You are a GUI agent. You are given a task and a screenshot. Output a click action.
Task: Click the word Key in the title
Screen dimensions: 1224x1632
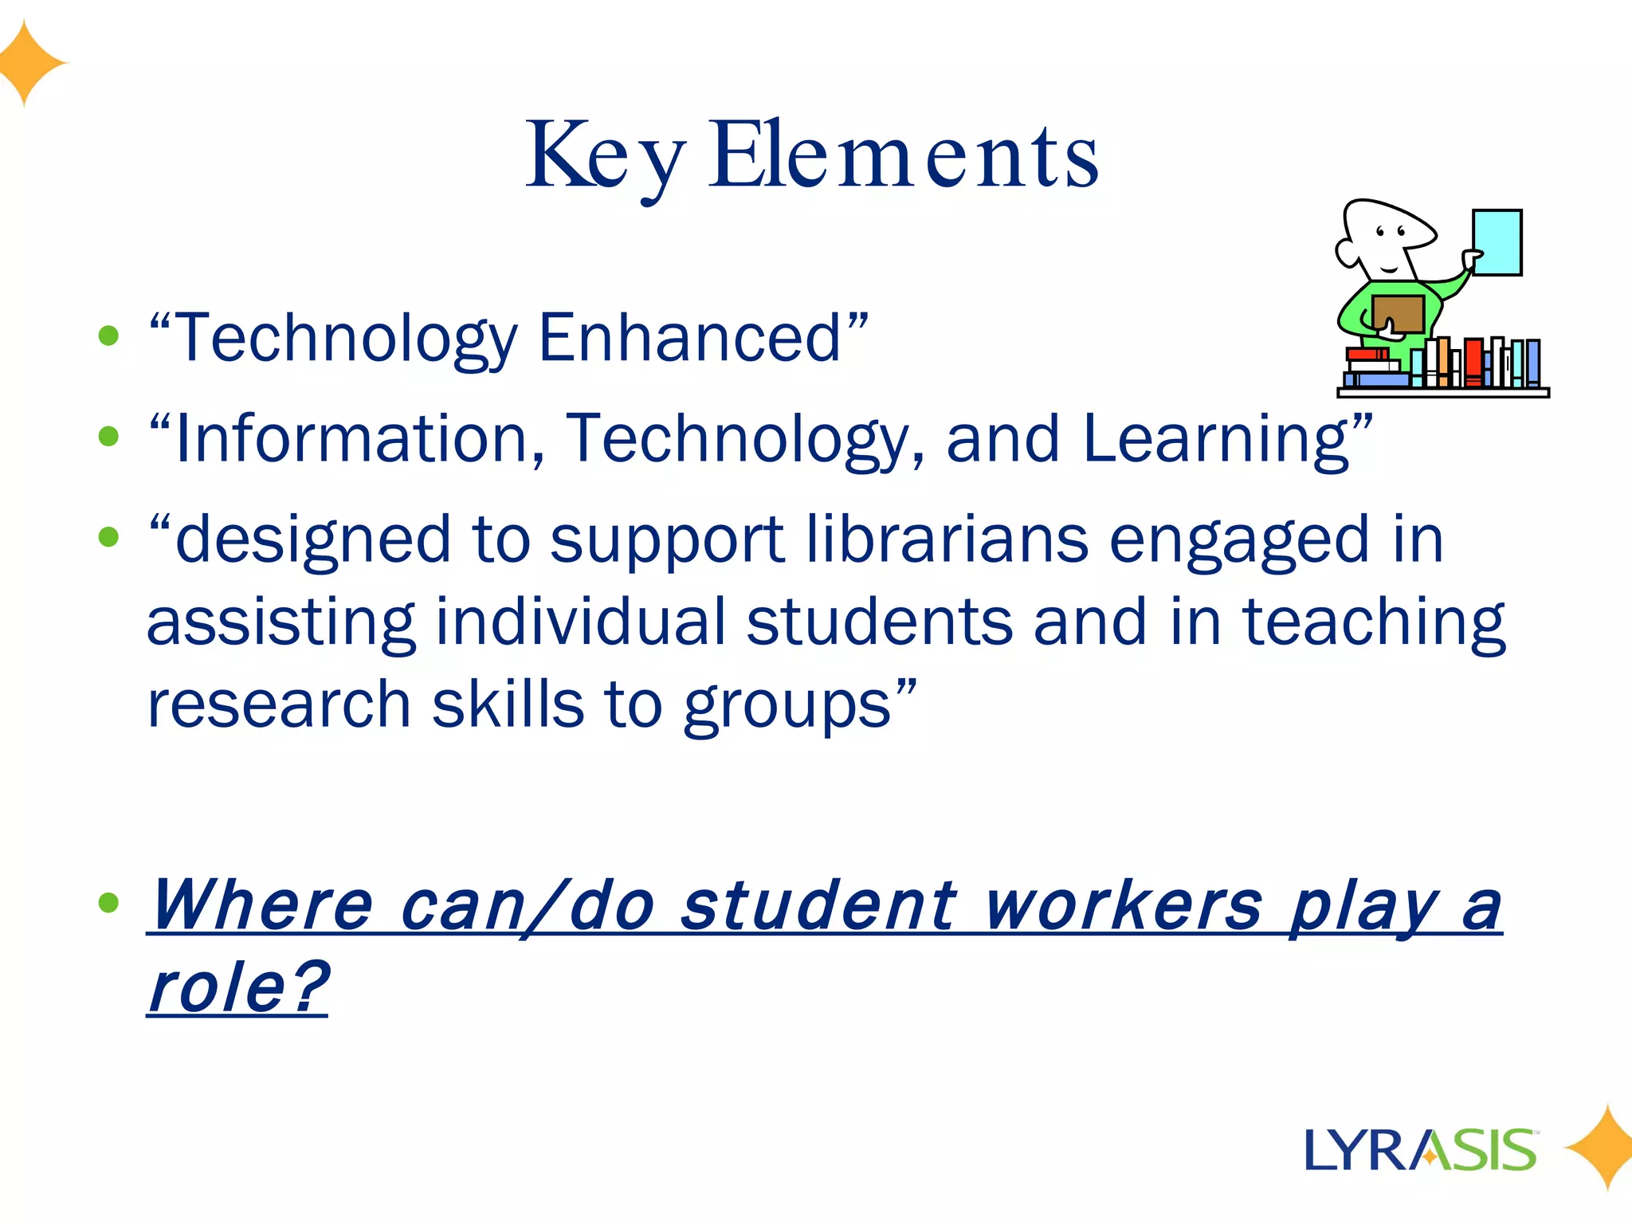604,155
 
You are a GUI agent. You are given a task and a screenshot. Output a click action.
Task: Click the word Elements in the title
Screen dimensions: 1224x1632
904,155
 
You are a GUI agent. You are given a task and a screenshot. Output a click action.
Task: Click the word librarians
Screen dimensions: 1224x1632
947,539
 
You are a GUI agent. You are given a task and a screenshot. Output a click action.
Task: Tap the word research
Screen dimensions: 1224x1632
279,704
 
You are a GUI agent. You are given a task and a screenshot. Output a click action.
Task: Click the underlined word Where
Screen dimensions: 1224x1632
261,905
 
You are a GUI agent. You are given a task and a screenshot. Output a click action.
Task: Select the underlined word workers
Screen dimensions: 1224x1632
1124,905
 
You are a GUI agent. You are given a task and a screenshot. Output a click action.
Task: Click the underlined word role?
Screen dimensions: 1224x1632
237,988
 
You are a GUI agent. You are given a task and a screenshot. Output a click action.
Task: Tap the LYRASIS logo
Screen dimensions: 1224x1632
1421,1150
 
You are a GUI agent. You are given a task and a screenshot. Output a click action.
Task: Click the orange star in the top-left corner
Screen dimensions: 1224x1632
29,62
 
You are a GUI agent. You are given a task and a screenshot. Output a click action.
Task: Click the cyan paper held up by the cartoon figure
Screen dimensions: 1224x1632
1497,242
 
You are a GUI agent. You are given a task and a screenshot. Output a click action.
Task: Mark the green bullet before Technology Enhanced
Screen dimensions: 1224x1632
108,335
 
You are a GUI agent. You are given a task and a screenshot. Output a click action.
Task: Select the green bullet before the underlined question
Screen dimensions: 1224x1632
108,903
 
